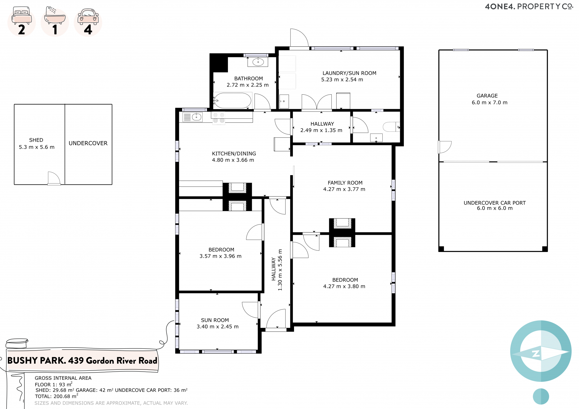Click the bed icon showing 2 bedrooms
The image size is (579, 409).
(21, 15)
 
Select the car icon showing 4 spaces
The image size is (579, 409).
(88, 17)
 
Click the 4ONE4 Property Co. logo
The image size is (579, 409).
(529, 6)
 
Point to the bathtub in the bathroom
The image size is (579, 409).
(232, 100)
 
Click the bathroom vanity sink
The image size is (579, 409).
(258, 62)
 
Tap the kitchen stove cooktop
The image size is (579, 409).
(219, 118)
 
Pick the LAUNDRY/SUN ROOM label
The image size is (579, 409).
(349, 73)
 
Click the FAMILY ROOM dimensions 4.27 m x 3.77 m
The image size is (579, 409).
(344, 189)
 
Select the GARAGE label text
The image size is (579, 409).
(487, 96)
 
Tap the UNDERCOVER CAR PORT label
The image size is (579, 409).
(495, 203)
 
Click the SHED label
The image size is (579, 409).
(36, 140)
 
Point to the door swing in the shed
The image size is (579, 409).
(54, 178)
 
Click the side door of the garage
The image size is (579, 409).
(445, 147)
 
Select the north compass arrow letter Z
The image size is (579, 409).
(536, 354)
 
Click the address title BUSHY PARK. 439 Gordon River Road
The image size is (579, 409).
(82, 360)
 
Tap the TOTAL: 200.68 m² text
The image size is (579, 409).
(56, 396)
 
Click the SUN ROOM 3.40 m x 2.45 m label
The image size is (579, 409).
(217, 323)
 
